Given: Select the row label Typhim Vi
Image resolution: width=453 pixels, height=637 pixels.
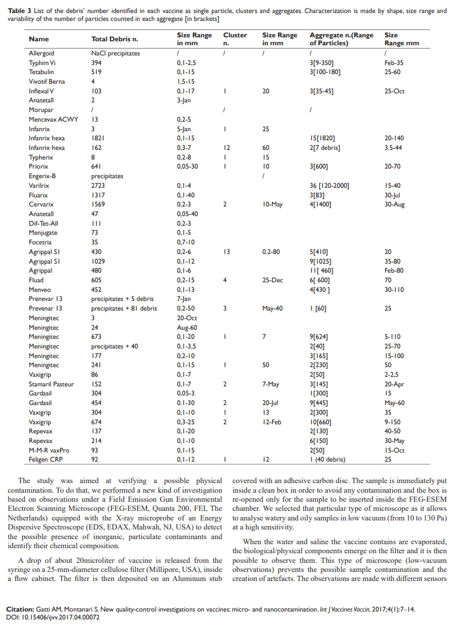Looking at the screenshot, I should [42, 63].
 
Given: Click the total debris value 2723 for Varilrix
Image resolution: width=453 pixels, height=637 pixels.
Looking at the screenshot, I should [99, 186].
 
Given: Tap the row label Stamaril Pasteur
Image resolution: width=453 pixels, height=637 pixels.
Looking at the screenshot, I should [51, 384].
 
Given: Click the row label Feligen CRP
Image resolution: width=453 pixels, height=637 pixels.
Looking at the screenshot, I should [45, 459].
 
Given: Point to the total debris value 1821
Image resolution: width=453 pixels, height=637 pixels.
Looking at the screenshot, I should [99, 138].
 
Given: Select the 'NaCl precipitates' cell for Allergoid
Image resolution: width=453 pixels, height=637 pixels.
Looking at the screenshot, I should [115, 53].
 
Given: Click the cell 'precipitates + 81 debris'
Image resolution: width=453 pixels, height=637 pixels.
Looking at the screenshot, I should [124, 308].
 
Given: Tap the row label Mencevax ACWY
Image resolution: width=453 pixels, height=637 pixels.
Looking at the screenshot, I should [54, 119].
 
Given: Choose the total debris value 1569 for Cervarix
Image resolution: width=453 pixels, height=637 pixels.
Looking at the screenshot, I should [99, 204].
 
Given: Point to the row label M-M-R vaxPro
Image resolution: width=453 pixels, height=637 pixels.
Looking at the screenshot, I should [49, 450].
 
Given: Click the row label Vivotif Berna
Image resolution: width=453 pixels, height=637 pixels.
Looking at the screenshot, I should [47, 81].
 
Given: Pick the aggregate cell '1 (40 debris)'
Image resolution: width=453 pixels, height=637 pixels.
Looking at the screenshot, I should [327, 459].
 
